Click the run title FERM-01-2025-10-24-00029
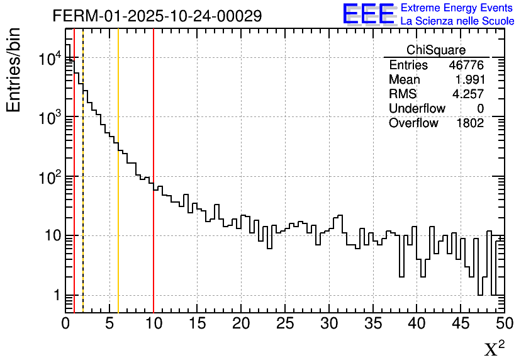pos(157,16)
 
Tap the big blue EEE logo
pos(368,14)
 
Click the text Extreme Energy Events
pos(457,8)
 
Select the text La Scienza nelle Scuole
pos(457,21)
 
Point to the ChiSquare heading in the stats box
pos(436,50)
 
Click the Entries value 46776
pos(466,65)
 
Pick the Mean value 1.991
pos(469,80)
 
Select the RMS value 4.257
pos(469,94)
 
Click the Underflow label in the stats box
pos(417,109)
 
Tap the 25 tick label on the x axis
pos(286,323)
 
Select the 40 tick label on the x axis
pos(417,323)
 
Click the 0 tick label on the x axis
pos(66,323)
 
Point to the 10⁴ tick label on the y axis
pos(49,59)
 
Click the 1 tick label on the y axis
pos(57,295)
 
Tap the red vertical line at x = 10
pos(154,189)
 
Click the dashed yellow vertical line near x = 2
pos(83,189)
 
